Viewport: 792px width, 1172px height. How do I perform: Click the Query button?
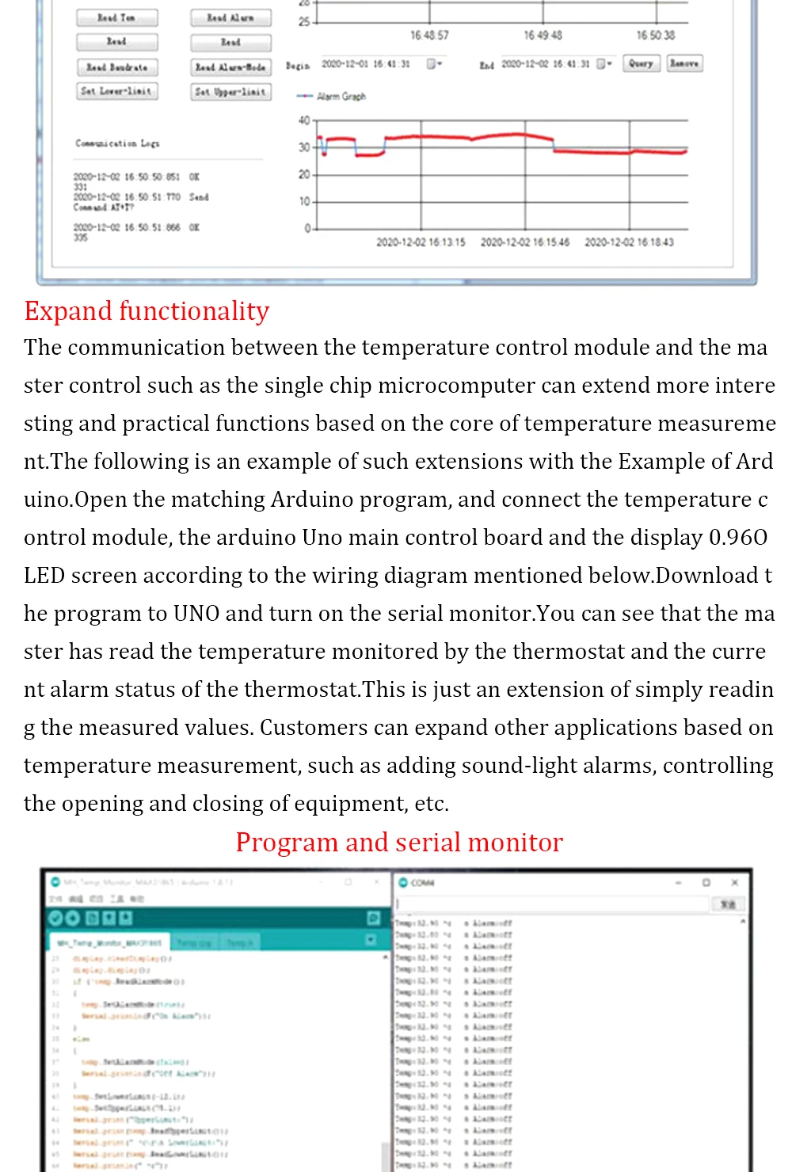(x=641, y=63)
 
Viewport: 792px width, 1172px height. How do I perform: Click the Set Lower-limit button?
(x=117, y=91)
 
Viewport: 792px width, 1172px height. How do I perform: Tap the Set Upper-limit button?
(x=230, y=92)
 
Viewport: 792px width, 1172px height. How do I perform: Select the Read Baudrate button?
(x=117, y=67)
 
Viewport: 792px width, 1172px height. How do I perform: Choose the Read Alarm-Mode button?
(x=230, y=67)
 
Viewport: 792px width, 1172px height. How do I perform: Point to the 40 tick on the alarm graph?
(x=304, y=120)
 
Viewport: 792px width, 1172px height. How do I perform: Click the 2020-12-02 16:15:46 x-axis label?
(x=524, y=242)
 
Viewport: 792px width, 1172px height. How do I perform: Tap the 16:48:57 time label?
(x=429, y=36)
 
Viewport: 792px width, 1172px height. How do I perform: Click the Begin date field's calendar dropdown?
(x=434, y=63)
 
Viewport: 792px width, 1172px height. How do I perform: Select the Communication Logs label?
(x=117, y=143)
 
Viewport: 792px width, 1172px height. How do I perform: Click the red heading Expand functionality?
(x=147, y=311)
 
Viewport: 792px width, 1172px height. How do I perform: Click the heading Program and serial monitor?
(x=399, y=843)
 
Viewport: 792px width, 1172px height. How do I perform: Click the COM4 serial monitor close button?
(x=734, y=882)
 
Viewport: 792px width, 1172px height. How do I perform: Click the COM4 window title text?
(x=423, y=883)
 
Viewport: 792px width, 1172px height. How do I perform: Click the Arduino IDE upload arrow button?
(x=72, y=918)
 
